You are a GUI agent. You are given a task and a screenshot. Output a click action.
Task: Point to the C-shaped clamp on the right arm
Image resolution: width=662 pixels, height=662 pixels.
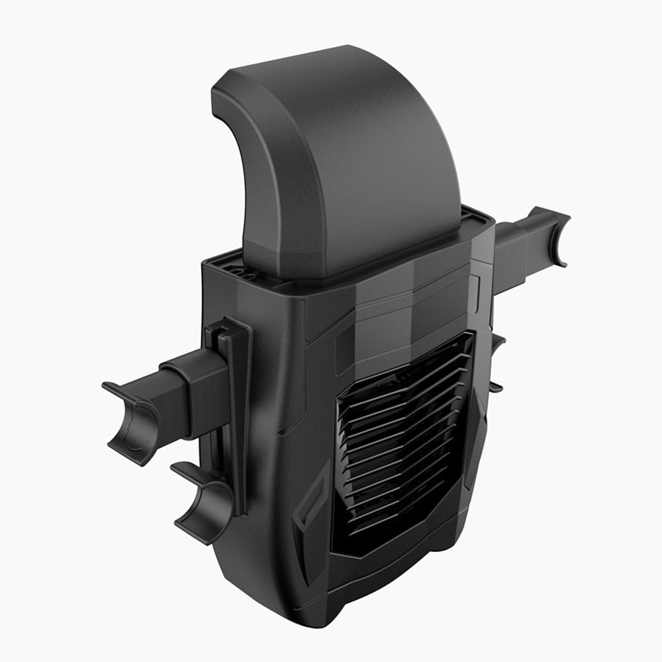[553, 235]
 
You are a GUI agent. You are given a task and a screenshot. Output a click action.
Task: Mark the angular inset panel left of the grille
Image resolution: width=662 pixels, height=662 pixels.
[311, 510]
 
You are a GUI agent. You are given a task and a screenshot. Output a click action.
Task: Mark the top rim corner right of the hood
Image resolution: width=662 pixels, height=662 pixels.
[487, 218]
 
